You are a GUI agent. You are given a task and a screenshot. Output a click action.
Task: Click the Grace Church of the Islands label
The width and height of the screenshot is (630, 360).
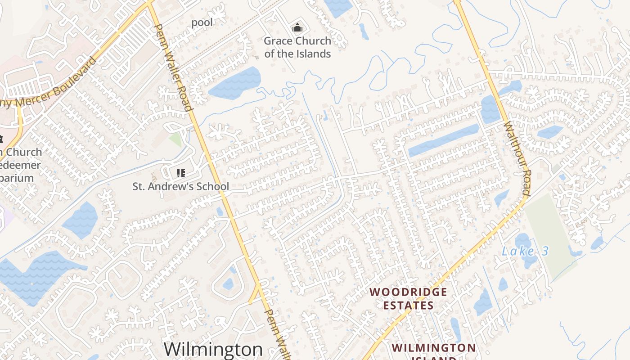click(x=297, y=47)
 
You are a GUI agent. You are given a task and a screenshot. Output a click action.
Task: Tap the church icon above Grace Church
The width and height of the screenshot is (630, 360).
click(x=297, y=28)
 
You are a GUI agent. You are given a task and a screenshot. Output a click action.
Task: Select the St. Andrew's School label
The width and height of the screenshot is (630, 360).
click(x=180, y=186)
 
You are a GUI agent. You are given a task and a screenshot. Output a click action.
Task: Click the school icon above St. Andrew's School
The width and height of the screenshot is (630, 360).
click(x=180, y=173)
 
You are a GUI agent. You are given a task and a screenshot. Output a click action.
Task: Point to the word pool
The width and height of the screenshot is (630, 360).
click(x=202, y=22)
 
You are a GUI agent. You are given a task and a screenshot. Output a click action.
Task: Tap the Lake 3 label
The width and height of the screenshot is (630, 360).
click(x=525, y=251)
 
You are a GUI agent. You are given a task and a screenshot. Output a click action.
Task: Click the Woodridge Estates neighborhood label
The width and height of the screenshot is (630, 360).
click(x=408, y=299)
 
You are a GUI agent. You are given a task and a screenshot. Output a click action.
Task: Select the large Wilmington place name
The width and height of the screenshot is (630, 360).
click(x=213, y=349)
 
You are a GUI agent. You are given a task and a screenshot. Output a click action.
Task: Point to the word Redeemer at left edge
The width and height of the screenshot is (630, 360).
click(x=20, y=165)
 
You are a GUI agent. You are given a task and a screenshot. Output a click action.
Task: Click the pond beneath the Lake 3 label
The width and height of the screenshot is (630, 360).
click(x=524, y=243)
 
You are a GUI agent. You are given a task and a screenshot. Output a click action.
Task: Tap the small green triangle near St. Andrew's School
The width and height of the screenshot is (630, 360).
click(x=176, y=139)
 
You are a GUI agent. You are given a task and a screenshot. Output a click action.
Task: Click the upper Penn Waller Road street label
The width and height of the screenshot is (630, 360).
click(x=173, y=67)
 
